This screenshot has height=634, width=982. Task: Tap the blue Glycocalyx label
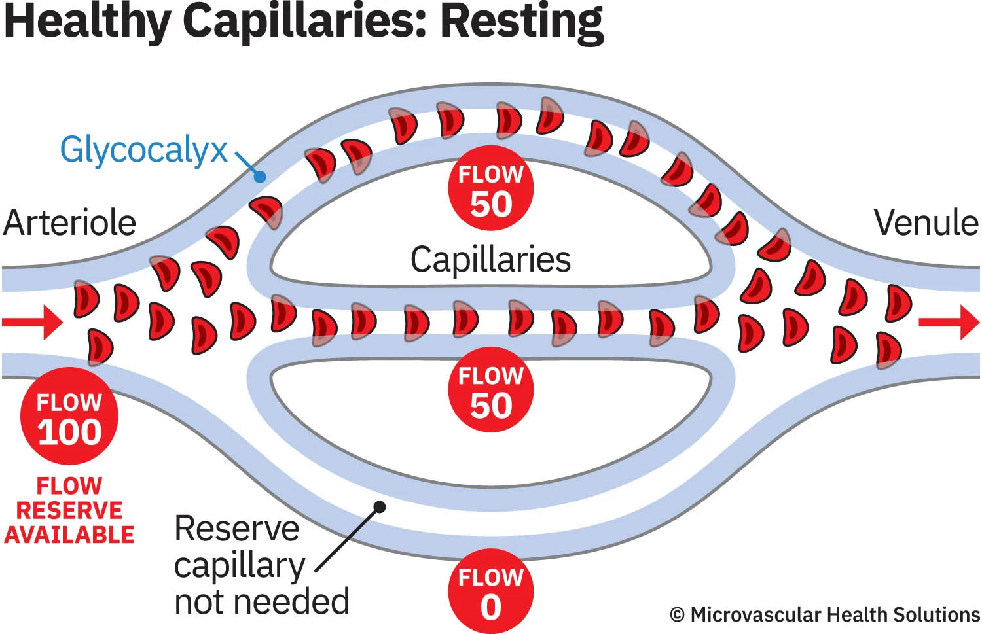143,150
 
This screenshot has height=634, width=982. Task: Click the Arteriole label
69,223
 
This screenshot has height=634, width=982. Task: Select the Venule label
926,223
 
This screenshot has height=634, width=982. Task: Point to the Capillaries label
490,259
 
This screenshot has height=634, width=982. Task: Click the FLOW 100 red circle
69,416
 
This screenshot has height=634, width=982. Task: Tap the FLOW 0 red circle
490,591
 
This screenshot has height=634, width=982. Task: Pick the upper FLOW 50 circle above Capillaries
490,188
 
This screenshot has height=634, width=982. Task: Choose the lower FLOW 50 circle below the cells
490,390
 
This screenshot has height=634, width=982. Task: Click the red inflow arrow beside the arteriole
33,322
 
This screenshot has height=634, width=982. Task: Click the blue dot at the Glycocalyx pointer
260,176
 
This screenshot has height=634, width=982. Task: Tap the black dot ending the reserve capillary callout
379,506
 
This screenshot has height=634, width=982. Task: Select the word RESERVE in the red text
69,510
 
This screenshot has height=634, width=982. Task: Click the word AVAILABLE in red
69,535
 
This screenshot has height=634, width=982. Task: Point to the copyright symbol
678,616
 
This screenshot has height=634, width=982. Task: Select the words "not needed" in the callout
262,601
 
